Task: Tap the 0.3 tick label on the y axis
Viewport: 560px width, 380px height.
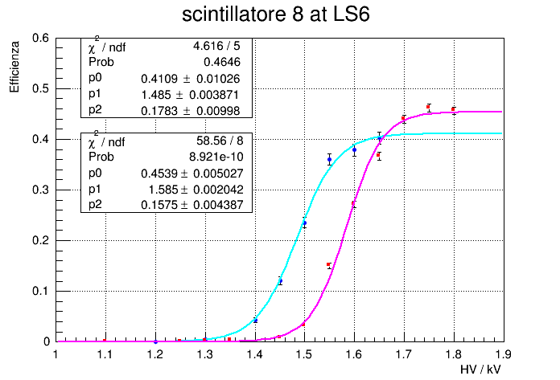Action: [x=41, y=190]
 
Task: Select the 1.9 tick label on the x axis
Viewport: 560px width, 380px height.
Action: [x=504, y=353]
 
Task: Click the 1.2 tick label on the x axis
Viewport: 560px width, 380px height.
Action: [x=154, y=353]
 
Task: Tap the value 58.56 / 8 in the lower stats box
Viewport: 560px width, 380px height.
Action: [x=219, y=141]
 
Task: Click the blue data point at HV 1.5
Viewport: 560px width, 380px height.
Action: [x=304, y=223]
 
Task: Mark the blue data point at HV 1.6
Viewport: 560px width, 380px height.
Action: [x=354, y=149]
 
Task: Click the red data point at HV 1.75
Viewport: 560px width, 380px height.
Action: [x=429, y=107]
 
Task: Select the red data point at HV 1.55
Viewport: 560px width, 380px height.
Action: [x=329, y=265]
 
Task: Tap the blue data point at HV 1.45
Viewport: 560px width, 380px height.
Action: [x=280, y=281]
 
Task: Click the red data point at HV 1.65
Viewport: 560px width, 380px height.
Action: [x=379, y=155]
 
